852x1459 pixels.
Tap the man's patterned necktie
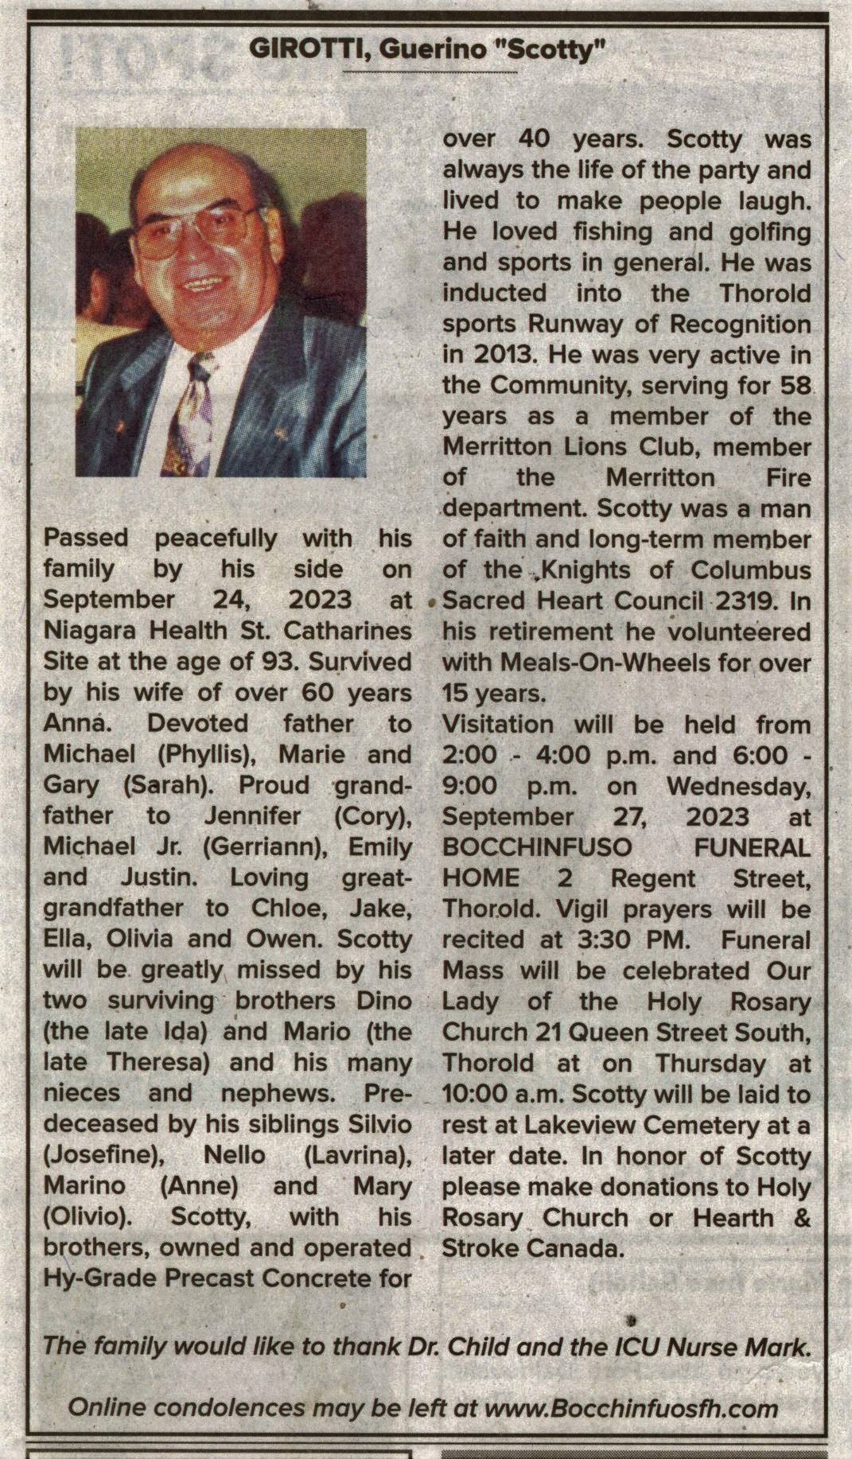click(x=190, y=414)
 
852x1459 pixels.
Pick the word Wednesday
click(x=737, y=786)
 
